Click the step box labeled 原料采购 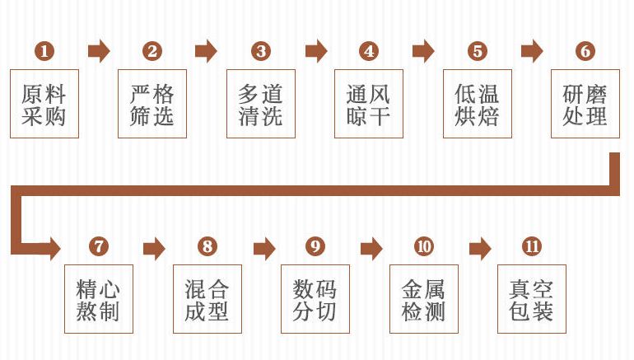pyautogui.click(x=44, y=103)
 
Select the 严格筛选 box pyautogui.click(x=152, y=103)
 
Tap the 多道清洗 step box pyautogui.click(x=261, y=103)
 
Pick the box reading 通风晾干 pyautogui.click(x=369, y=103)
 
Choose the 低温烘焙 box pyautogui.click(x=478, y=103)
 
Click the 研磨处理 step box pyautogui.click(x=585, y=103)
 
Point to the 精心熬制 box pyautogui.click(x=99, y=299)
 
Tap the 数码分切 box pyautogui.click(x=315, y=299)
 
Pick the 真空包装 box pyautogui.click(x=532, y=299)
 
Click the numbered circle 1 pyautogui.click(x=44, y=51)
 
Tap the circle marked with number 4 pyautogui.click(x=369, y=51)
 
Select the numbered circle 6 pyautogui.click(x=585, y=51)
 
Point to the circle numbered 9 pyautogui.click(x=315, y=246)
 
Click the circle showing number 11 pyautogui.click(x=532, y=246)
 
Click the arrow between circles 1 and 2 pyautogui.click(x=99, y=51)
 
